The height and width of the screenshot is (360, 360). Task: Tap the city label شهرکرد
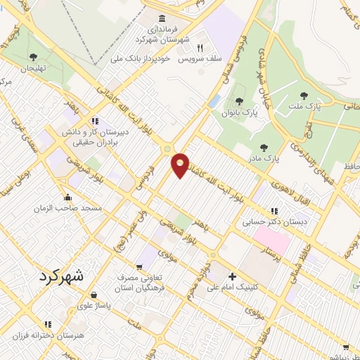coord(57,276)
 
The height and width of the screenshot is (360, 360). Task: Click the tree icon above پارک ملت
coord(304,96)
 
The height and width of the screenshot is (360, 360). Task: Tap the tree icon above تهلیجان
coord(33,57)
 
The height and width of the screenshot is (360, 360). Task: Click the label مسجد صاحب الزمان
coord(67,209)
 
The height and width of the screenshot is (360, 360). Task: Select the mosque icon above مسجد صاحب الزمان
coord(67,197)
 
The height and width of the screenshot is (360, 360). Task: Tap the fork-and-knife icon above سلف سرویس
coord(200,49)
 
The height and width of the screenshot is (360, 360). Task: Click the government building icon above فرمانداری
coord(163,18)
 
